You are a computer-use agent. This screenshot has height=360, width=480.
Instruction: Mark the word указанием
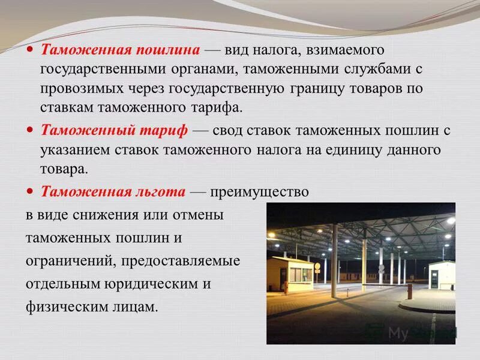click(x=71, y=149)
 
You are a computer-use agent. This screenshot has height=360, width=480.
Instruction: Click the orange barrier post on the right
click(x=410, y=291)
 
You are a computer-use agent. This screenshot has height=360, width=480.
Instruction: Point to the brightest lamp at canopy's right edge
click(x=450, y=221)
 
